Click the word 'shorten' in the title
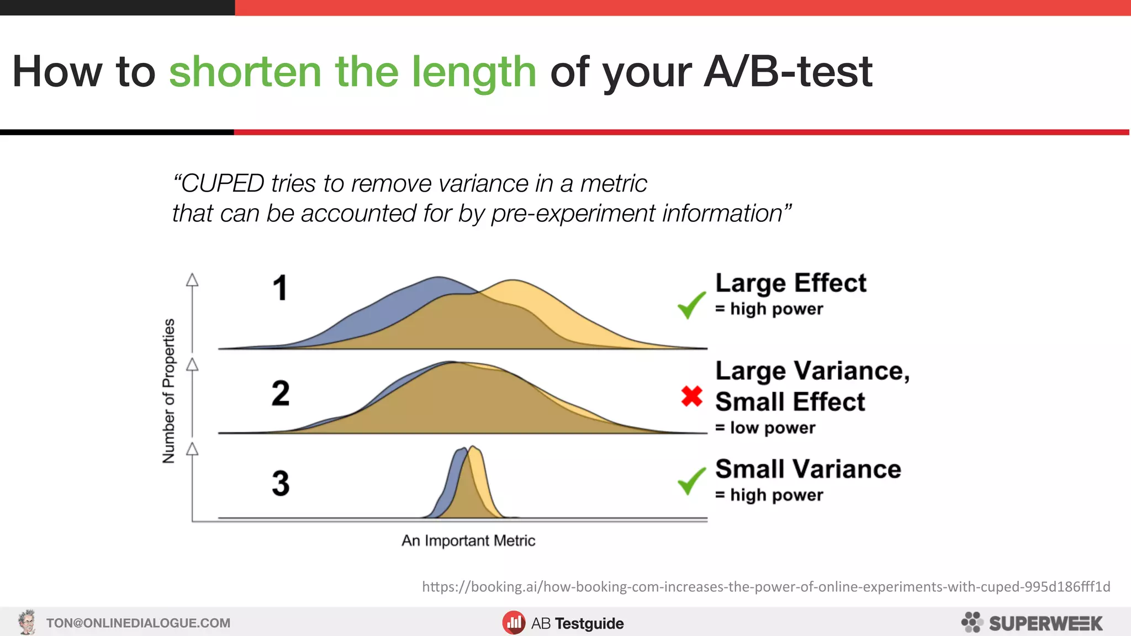(x=245, y=72)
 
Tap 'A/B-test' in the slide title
(x=788, y=72)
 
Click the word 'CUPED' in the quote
(x=223, y=183)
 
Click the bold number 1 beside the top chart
(x=281, y=288)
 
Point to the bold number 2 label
(x=281, y=393)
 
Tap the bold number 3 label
(x=281, y=483)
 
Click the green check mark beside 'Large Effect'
(x=691, y=305)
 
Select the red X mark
(x=691, y=396)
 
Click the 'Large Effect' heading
(x=791, y=283)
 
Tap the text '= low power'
(x=765, y=428)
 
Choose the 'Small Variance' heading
(x=808, y=469)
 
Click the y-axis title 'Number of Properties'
(x=169, y=391)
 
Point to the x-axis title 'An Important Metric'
(x=468, y=540)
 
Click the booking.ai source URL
(x=766, y=586)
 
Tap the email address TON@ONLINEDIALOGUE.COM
(x=138, y=623)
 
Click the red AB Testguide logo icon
(x=514, y=623)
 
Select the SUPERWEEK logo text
(x=1045, y=623)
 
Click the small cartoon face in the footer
(x=27, y=622)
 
